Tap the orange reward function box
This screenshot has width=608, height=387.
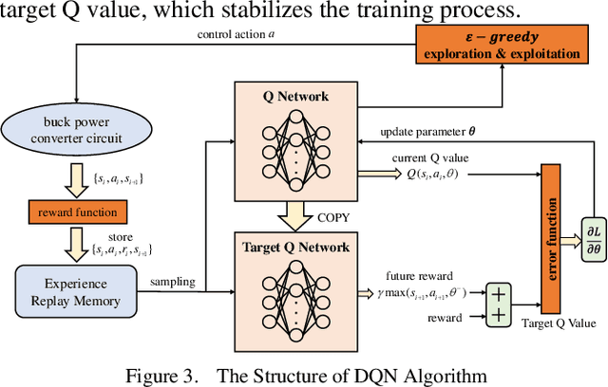(x=71, y=211)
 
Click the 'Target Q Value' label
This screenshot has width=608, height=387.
(x=560, y=323)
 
